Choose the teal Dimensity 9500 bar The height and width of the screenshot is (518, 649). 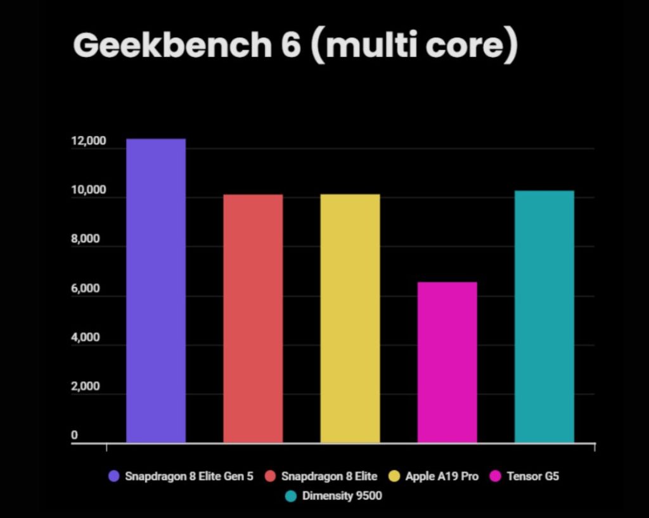tap(544, 316)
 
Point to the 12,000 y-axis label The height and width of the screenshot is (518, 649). tap(88, 141)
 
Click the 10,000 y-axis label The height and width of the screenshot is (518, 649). tap(88, 191)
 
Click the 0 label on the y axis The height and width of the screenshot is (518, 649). tap(74, 436)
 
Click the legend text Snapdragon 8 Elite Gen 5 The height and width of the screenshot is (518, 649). tap(189, 476)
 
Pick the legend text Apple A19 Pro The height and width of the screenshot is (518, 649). tap(442, 476)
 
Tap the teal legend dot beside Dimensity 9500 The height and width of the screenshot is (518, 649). tap(292, 496)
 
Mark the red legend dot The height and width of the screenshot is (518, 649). tap(271, 476)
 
